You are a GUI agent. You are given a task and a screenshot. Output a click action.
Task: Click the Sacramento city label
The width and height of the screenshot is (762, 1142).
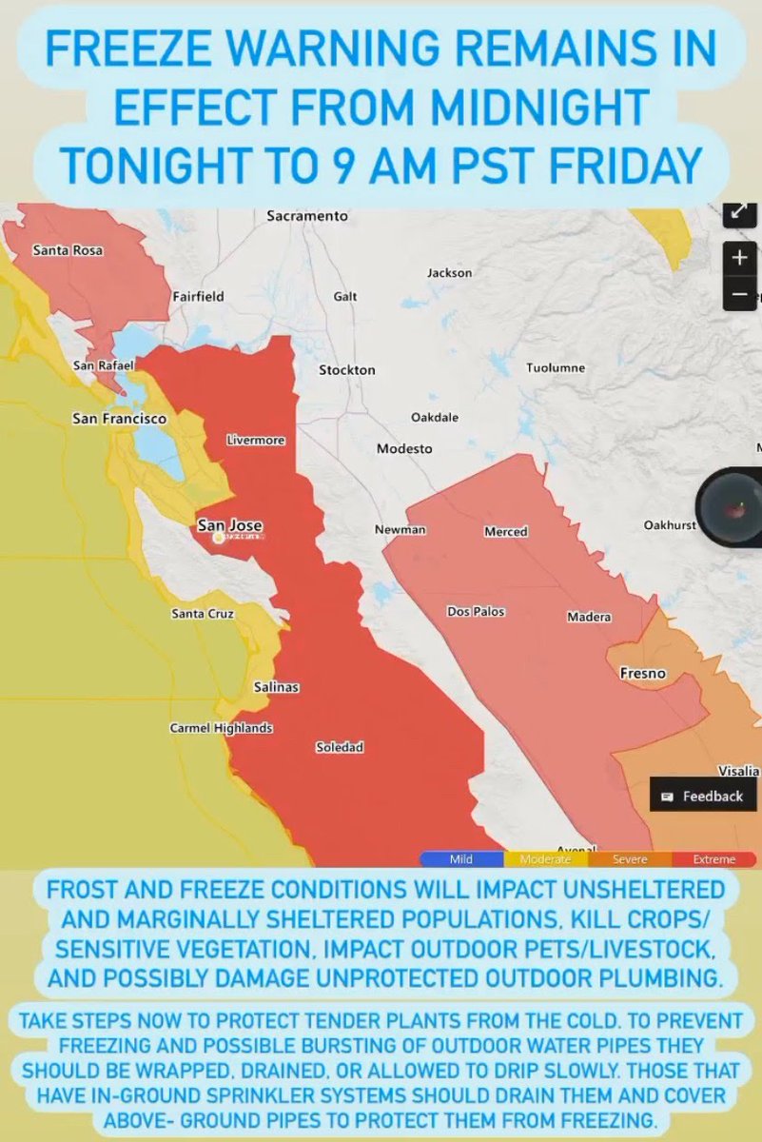pyautogui.click(x=307, y=216)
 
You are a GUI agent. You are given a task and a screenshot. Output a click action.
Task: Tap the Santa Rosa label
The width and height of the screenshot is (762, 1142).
pyautogui.click(x=68, y=251)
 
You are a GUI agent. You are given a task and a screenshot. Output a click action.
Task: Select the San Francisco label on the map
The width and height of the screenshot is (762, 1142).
pyautogui.click(x=120, y=418)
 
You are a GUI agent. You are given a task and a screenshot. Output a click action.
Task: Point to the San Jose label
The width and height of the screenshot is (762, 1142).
pyautogui.click(x=229, y=525)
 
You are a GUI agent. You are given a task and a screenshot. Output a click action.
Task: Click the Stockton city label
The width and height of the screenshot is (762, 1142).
pyautogui.click(x=347, y=369)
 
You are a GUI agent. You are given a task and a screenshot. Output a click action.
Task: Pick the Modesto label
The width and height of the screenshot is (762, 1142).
pyautogui.click(x=404, y=448)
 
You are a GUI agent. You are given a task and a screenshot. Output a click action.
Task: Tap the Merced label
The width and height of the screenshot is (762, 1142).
pyautogui.click(x=506, y=531)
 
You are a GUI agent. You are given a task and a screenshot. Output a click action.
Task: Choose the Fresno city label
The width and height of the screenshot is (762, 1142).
pyautogui.click(x=643, y=673)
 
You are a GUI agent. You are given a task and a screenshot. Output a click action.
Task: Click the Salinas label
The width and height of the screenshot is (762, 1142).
pyautogui.click(x=277, y=686)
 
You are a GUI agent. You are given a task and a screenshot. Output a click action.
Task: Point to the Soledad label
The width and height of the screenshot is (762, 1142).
pyautogui.click(x=340, y=747)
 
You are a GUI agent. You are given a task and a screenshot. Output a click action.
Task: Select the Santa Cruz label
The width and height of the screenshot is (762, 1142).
pyautogui.click(x=203, y=614)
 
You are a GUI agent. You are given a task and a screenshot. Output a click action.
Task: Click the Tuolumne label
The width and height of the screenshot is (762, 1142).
pyautogui.click(x=556, y=367)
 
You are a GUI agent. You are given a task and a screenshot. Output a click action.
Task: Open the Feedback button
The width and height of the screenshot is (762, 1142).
pyautogui.click(x=703, y=796)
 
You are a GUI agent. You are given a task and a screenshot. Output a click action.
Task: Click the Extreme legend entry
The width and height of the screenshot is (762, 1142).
pyautogui.click(x=713, y=859)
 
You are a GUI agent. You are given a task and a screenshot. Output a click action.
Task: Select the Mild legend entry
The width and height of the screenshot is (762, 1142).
pyautogui.click(x=460, y=859)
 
